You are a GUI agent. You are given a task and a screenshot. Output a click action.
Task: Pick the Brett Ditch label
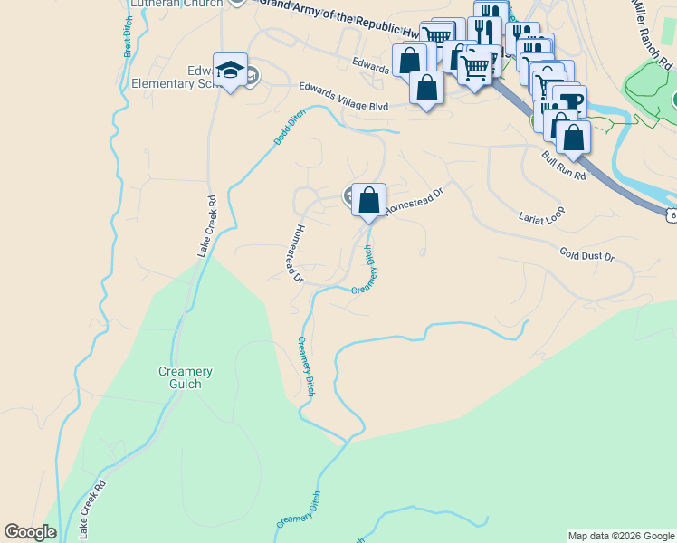tap(128, 37)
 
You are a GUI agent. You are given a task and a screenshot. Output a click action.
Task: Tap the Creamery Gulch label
tap(185, 378)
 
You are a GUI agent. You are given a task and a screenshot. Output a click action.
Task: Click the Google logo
tap(30, 532)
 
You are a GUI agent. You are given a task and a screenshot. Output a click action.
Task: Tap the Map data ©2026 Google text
tap(620, 536)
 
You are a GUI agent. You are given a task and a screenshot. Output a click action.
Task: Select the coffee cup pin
tap(569, 101)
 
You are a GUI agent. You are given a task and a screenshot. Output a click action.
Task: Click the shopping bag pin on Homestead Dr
tap(368, 200)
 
